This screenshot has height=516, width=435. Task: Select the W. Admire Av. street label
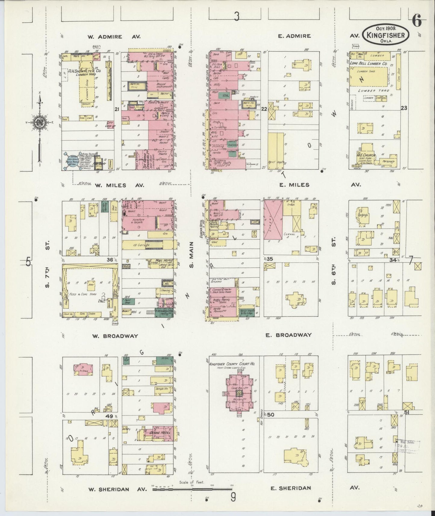[x=114, y=37]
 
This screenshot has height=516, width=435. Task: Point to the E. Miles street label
[x=294, y=185]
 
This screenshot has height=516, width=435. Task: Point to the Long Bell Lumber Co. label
[x=368, y=64]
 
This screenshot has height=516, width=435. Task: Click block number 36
[x=109, y=260]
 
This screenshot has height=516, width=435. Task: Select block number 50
[x=270, y=415]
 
